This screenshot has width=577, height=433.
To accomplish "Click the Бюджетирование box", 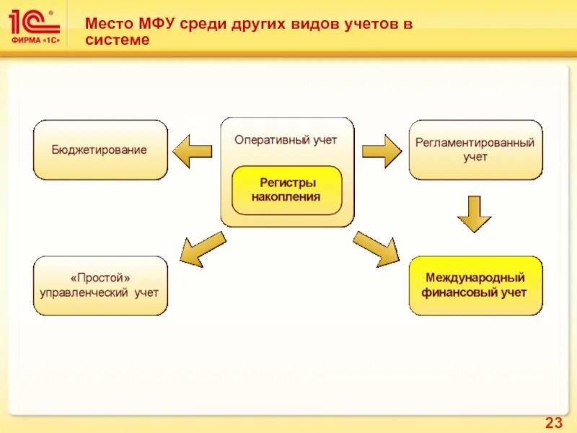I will [x=100, y=150].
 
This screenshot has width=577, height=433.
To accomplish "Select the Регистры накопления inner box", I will [x=286, y=191].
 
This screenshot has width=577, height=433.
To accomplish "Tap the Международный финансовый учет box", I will [x=475, y=285].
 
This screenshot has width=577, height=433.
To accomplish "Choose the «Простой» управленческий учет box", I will [x=100, y=285].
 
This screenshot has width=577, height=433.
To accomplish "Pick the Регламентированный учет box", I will [x=475, y=149].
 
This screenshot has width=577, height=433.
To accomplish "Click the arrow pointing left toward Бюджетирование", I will [x=193, y=151].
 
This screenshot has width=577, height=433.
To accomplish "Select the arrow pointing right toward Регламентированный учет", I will [x=380, y=151].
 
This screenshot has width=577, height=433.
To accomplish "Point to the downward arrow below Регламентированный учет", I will [x=475, y=213].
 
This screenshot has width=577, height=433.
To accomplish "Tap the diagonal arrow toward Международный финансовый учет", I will [x=376, y=248].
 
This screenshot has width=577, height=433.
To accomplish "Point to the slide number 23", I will [x=553, y=422].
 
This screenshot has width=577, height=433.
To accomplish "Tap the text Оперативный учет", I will [x=286, y=140].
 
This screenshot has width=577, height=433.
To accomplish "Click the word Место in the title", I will [x=108, y=23].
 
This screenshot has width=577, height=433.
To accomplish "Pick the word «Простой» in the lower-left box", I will [x=100, y=277].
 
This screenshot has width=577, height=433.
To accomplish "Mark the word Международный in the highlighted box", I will [x=475, y=277].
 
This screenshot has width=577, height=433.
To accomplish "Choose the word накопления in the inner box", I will [x=286, y=197].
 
